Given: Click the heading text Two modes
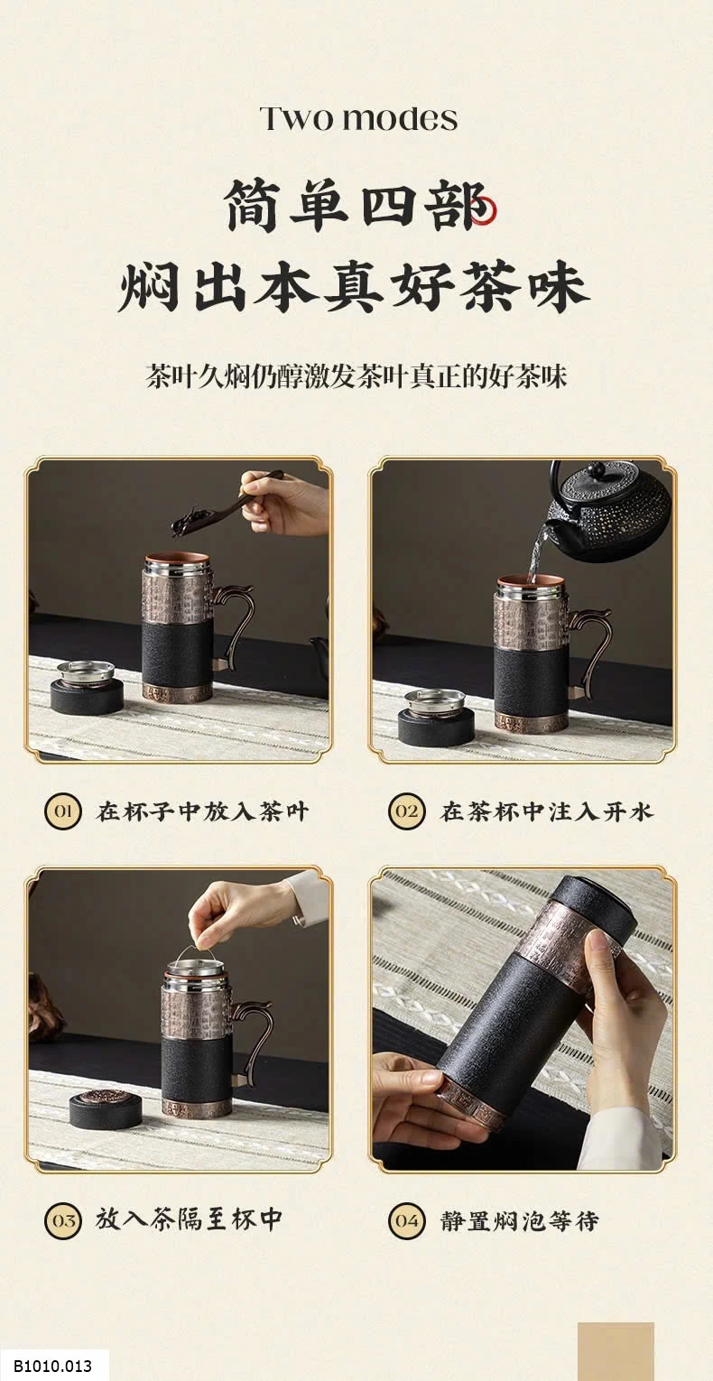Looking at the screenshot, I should [x=358, y=119].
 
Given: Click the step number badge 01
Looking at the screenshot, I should [x=62, y=811].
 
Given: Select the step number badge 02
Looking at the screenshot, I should [x=406, y=811].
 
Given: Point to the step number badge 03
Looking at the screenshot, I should [x=62, y=1220].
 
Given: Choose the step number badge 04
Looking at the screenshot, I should [x=406, y=1220].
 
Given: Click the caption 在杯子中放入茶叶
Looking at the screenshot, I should [x=202, y=811].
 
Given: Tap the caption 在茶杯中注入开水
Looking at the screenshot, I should [x=546, y=811].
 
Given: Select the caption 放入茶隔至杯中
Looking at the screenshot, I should [x=190, y=1220].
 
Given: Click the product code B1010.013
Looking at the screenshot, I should [x=53, y=1365].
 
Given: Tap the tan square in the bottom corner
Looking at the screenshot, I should [x=616, y=1351].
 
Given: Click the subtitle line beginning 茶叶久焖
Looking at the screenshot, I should [x=356, y=376].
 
